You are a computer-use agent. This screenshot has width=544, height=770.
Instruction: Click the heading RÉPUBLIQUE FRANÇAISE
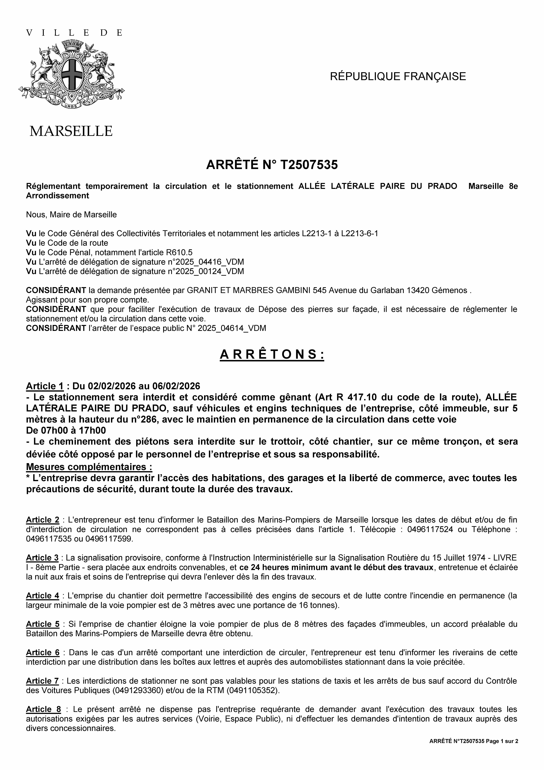tap(398, 76)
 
